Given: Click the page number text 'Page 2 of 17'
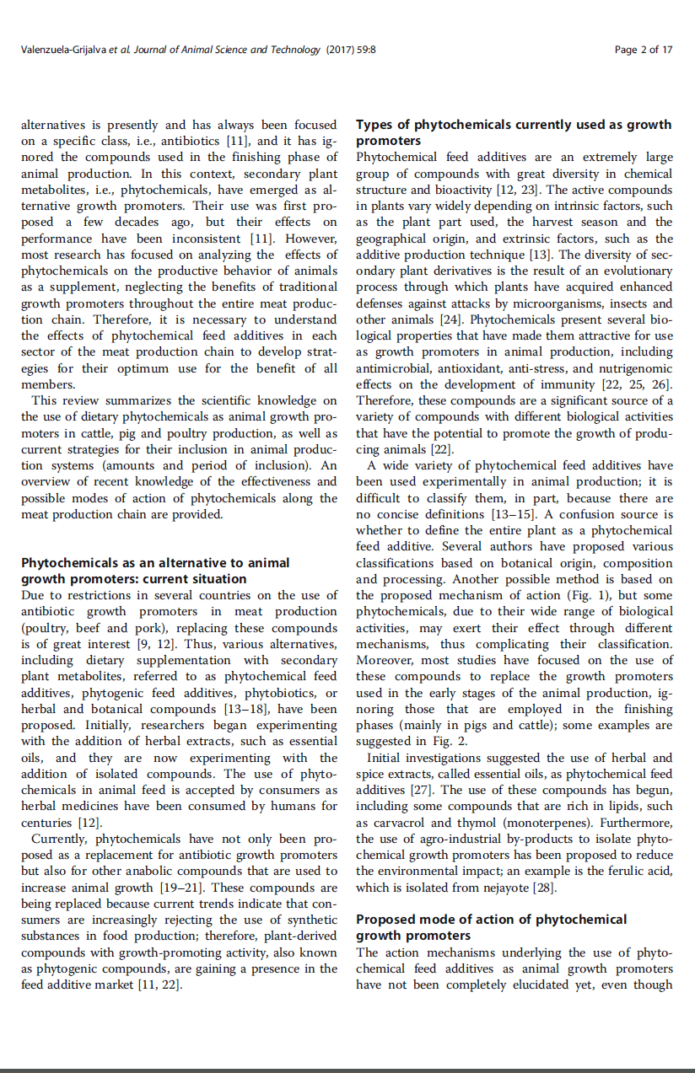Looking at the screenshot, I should pyautogui.click(x=644, y=50).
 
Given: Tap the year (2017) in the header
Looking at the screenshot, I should pyautogui.click(x=338, y=50).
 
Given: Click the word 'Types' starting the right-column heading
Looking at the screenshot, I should pyautogui.click(x=374, y=125).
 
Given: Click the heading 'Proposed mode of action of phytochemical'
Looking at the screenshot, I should pyautogui.click(x=491, y=920).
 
